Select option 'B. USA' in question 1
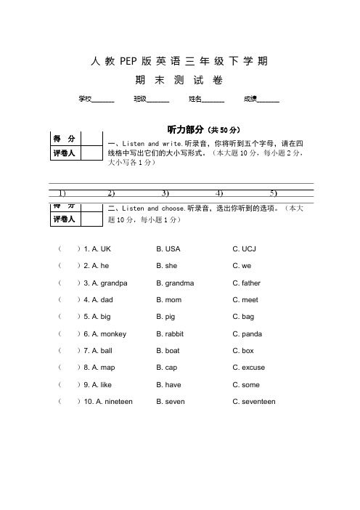coord(168,249)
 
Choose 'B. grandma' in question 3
coord(175,283)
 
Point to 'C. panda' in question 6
coord(247,334)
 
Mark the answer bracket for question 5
coord(69,317)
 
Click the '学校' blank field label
coord(85,99)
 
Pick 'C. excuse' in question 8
coord(249,368)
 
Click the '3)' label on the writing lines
coord(165,193)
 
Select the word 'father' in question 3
coord(250,283)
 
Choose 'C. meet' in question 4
coord(245,300)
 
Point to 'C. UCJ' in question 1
coord(245,249)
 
